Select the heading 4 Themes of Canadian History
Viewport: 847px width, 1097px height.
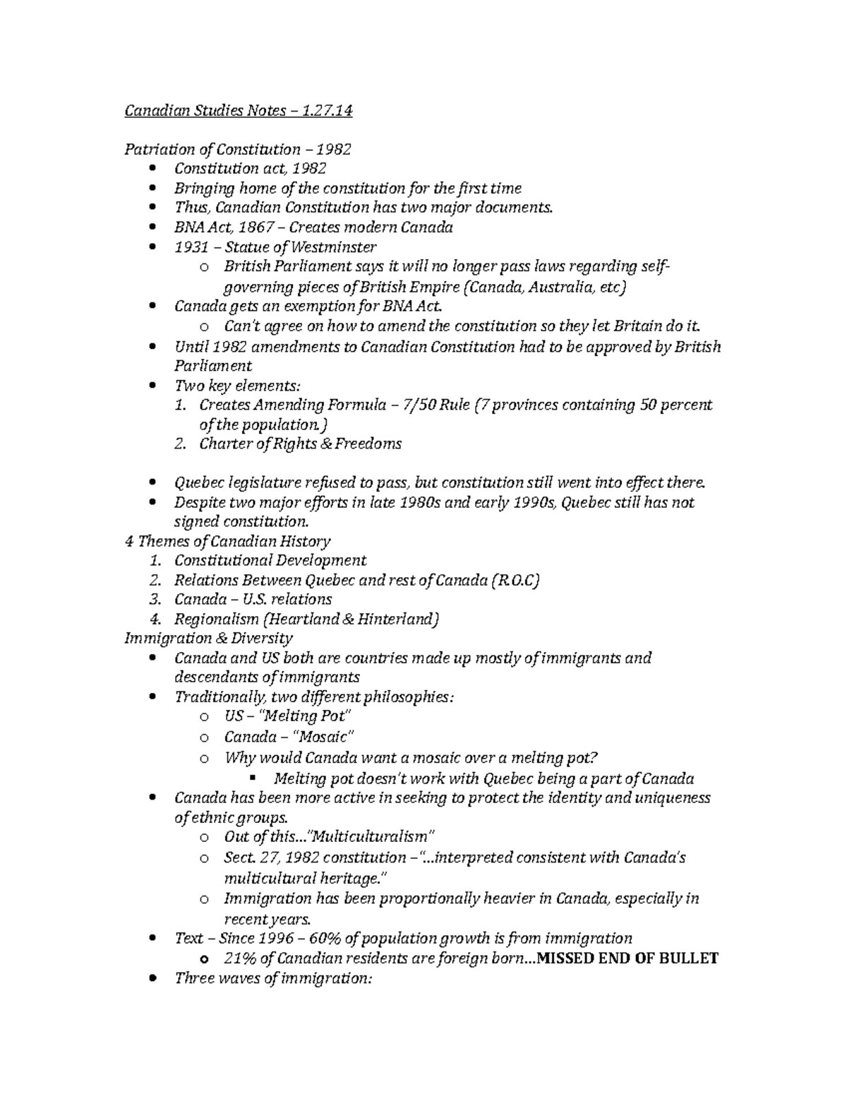227,541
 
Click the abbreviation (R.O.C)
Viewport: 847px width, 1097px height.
515,580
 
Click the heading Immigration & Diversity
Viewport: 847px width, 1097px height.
208,639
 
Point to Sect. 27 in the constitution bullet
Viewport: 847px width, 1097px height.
253,858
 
